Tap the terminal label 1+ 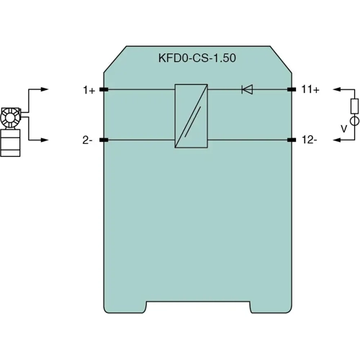[89, 90]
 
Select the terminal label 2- [87, 140]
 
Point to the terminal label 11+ [310, 90]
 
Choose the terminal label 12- [310, 140]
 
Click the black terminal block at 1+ [103, 90]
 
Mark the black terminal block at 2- [103, 140]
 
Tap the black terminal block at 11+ [292, 90]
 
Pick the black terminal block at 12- [292, 140]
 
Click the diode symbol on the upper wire [246, 90]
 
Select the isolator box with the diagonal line [191, 117]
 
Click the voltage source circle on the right [354, 130]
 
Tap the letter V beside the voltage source [343, 130]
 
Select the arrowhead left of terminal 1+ [45, 90]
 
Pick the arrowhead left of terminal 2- [45, 140]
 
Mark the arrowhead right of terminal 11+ [335, 90]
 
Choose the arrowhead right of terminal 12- [335, 140]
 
